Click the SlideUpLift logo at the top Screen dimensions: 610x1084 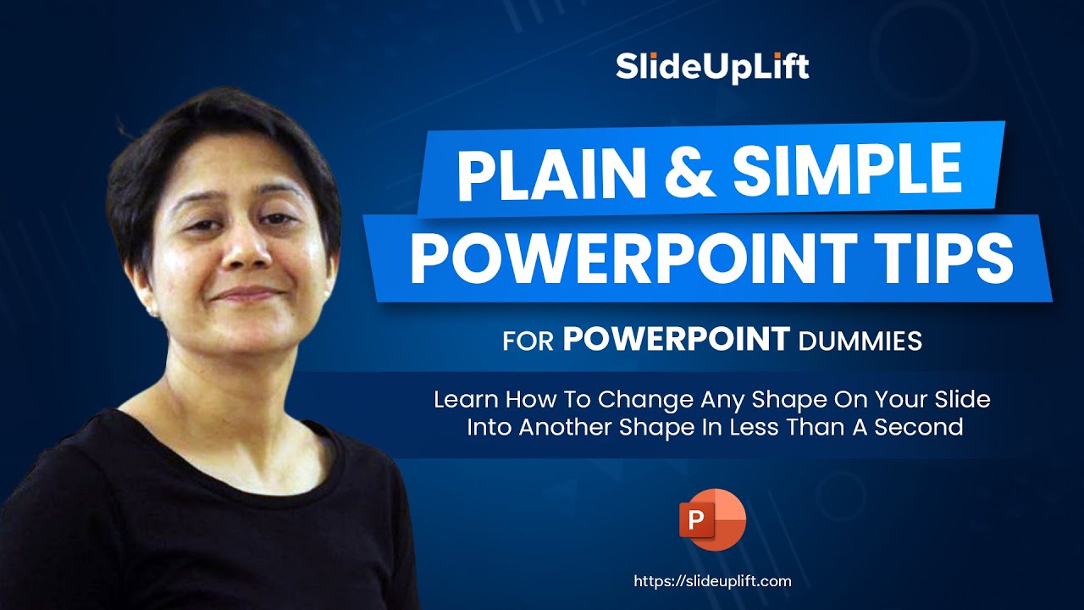(712, 66)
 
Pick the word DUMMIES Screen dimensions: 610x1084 (860, 341)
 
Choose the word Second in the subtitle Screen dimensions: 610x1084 (920, 426)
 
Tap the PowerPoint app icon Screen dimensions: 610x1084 (711, 519)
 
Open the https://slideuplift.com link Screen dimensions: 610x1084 (712, 581)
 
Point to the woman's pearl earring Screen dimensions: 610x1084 (153, 311)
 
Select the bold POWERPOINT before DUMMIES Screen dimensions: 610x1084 (676, 340)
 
